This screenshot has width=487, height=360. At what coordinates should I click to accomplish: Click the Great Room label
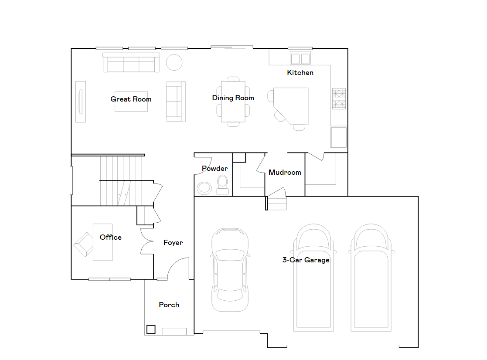point(131,99)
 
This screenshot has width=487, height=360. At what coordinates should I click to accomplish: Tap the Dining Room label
point(233,98)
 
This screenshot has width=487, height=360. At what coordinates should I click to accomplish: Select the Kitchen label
point(300,73)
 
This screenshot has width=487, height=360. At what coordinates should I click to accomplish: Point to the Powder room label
point(215,169)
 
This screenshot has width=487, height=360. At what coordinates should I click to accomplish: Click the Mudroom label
point(285,173)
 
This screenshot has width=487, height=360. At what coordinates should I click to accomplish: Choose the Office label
point(111,238)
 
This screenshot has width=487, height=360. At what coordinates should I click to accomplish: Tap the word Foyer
point(173,243)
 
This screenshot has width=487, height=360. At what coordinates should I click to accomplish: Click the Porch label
point(169,305)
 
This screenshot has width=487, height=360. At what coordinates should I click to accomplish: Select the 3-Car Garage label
point(306,260)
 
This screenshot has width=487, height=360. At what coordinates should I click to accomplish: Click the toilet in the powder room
point(222,185)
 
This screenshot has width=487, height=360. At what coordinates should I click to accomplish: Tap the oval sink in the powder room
point(204,188)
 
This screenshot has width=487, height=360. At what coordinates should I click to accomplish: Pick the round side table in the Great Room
point(174,62)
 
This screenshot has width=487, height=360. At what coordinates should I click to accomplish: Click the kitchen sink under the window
point(300,58)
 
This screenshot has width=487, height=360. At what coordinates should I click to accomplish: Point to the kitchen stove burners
point(339,99)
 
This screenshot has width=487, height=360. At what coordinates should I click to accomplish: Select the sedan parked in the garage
point(230,270)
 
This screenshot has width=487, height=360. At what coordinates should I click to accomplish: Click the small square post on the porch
point(151,329)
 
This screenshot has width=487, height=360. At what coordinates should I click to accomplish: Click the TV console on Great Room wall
point(81,102)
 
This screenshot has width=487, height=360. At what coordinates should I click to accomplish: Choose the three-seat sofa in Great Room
point(131,63)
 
